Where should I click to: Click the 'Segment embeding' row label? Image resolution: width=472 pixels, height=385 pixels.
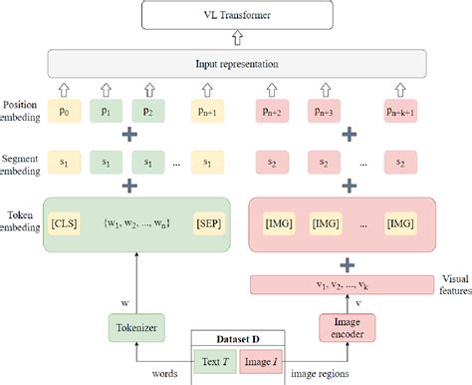pos(23,166)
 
